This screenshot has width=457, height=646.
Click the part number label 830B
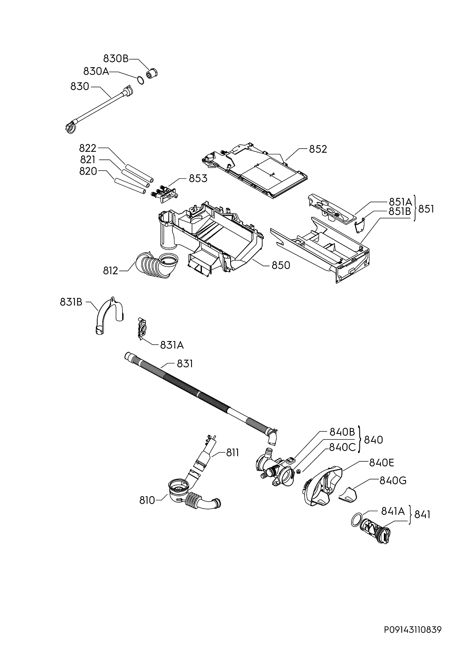tap(115, 59)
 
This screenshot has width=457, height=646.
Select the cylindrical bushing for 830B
tap(152, 74)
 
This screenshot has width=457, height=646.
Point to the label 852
tap(318, 149)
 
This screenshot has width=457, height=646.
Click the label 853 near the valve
tap(198, 178)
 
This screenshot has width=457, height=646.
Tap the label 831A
tap(172, 345)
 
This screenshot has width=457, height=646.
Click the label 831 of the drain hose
tap(184, 364)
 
